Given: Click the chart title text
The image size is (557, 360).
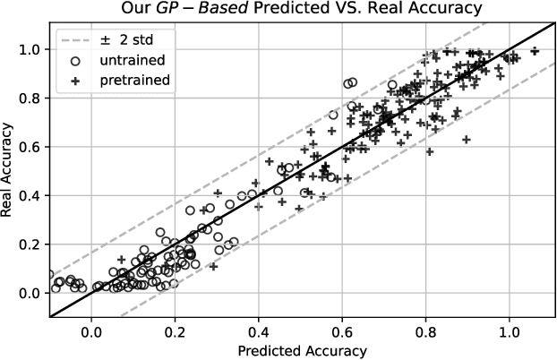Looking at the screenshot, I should (304, 9).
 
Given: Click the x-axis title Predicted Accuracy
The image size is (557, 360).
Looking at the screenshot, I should (304, 349).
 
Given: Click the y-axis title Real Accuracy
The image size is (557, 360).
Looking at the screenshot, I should (11, 171).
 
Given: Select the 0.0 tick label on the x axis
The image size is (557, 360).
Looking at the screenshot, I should (91, 331).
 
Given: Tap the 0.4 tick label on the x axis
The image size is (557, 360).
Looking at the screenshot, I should (259, 331).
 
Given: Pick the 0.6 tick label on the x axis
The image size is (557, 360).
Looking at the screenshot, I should (342, 331).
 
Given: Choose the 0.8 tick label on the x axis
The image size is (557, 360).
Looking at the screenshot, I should (426, 331).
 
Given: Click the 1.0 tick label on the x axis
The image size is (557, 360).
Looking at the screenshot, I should (510, 331).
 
